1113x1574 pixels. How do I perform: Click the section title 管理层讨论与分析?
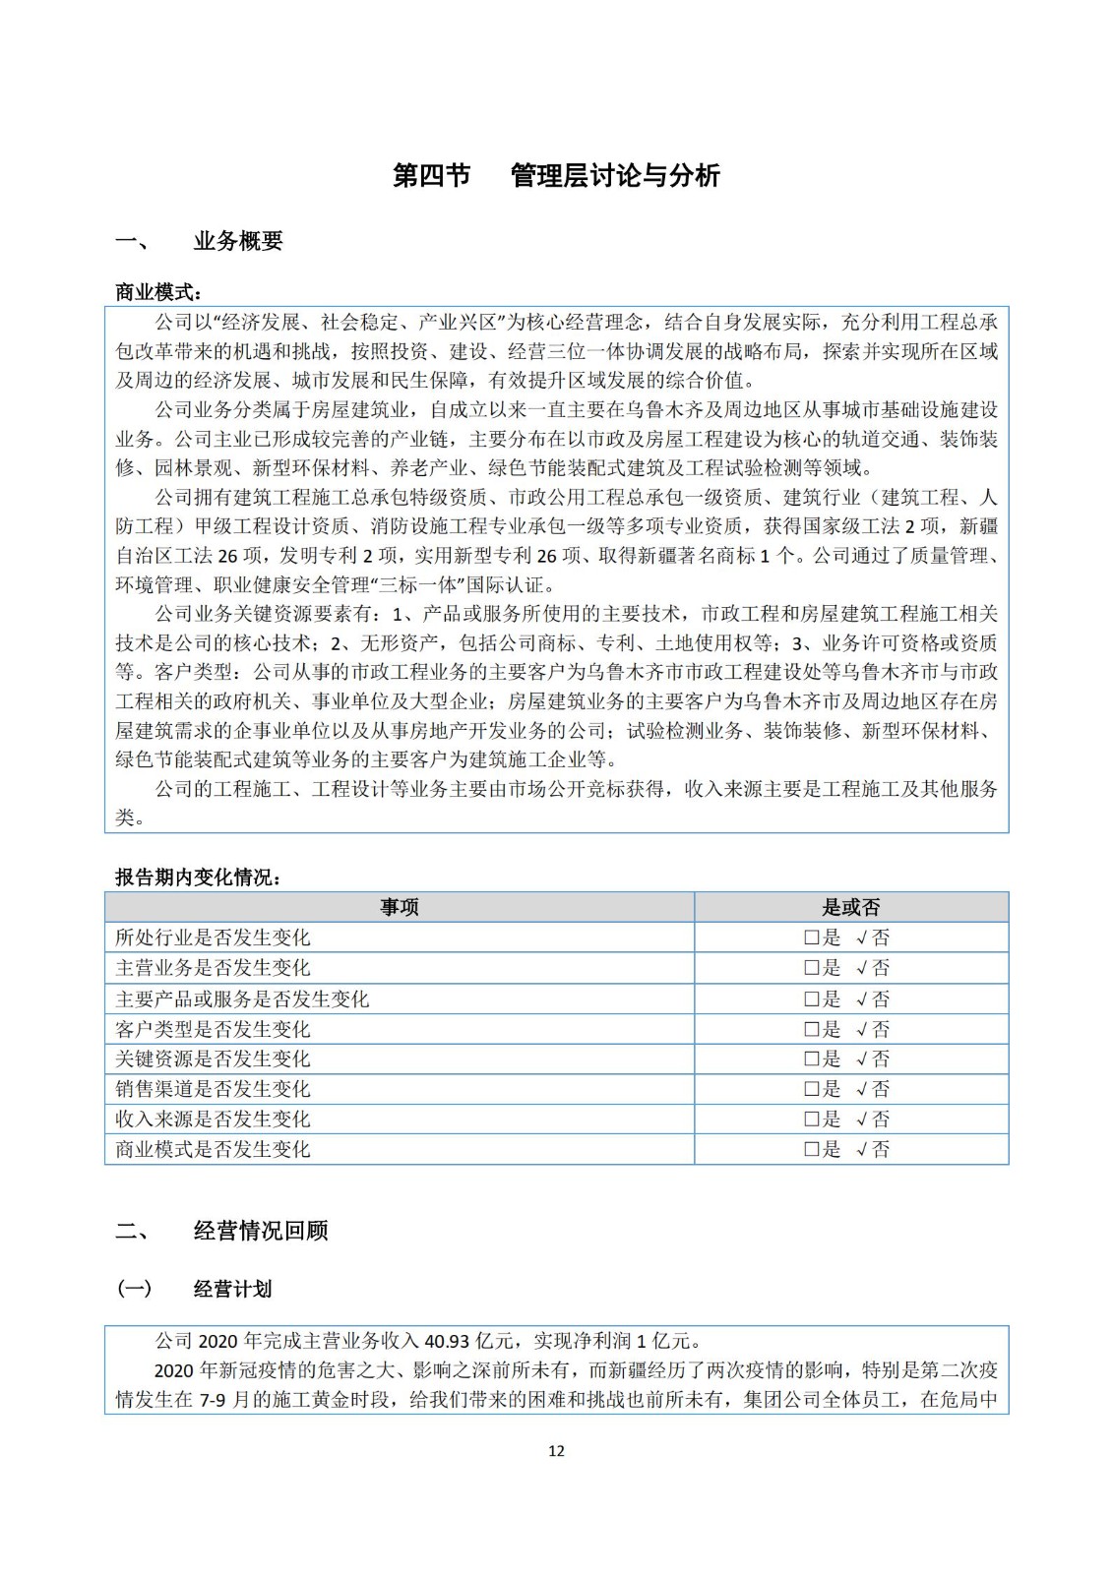pyautogui.click(x=615, y=176)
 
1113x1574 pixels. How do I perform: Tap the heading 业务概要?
pyautogui.click(x=238, y=241)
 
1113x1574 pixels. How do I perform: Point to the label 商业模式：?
pyautogui.click(x=157, y=292)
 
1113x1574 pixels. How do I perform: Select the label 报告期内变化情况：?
pyautogui.click(x=198, y=878)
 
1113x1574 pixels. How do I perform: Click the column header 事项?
pyautogui.click(x=399, y=907)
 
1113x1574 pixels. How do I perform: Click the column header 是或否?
pyautogui.click(x=850, y=907)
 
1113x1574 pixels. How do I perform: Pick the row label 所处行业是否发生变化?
pyautogui.click(x=213, y=938)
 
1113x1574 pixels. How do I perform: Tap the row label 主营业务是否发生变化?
pyautogui.click(x=213, y=968)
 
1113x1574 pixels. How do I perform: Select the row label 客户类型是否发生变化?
pyautogui.click(x=213, y=1029)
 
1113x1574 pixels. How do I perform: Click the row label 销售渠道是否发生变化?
pyautogui.click(x=213, y=1089)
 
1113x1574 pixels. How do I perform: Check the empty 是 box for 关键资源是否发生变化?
pyautogui.click(x=812, y=1059)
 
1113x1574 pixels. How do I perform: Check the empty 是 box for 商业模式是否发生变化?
pyautogui.click(x=812, y=1149)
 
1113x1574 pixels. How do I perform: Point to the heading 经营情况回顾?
pyautogui.click(x=261, y=1231)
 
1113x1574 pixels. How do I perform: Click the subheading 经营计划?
pyautogui.click(x=232, y=1290)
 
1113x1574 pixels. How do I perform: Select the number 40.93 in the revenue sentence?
pyautogui.click(x=446, y=1341)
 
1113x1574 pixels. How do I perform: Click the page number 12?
pyautogui.click(x=556, y=1451)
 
